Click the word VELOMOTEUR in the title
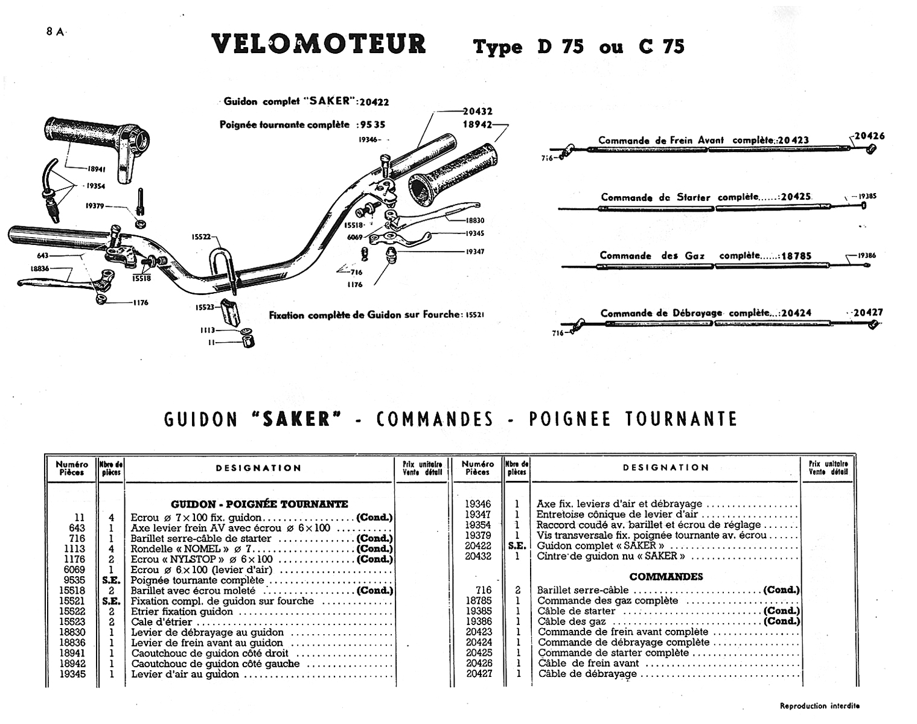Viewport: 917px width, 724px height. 319,45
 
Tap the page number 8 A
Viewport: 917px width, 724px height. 56,33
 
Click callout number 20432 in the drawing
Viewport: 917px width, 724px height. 478,111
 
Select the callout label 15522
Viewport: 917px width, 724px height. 201,237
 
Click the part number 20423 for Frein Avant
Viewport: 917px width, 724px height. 793,141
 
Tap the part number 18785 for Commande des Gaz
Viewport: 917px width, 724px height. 796,255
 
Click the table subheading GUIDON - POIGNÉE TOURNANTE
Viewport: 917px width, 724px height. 259,504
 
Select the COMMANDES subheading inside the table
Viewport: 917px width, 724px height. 666,576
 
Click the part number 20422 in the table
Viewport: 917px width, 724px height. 478,545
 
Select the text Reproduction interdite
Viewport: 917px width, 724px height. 819,705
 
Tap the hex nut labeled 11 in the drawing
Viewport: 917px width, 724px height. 247,342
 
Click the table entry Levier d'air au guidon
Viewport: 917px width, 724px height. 185,674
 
